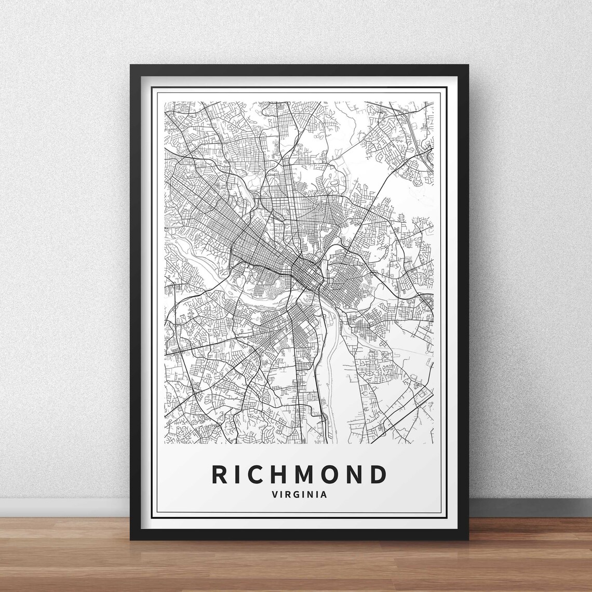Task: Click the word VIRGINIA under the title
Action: (299, 494)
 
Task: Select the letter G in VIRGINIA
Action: (299, 494)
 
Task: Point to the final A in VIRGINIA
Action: (325, 494)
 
